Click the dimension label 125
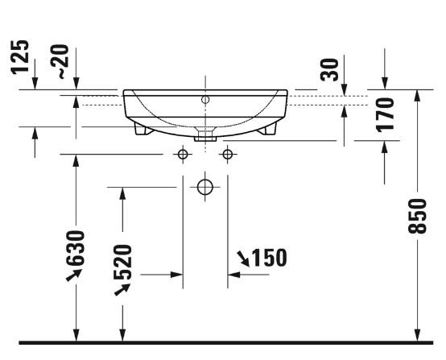point(21,56)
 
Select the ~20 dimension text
point(62,63)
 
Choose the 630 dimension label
point(76,250)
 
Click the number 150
point(269,258)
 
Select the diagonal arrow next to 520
point(122,288)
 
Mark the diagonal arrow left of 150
point(242,258)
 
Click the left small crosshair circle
point(184,154)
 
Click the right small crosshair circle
point(228,154)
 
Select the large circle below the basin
point(205,188)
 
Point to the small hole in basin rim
point(205,100)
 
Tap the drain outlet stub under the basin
point(206,135)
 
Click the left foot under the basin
point(142,127)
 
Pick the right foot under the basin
point(269,127)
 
